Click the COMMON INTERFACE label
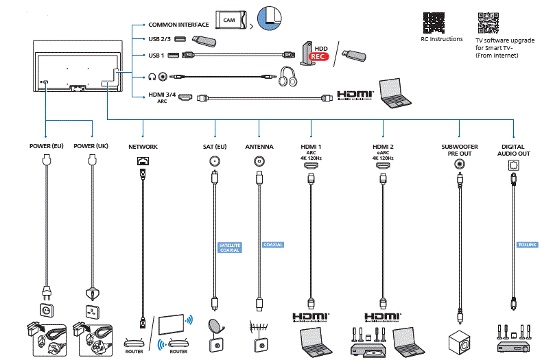178,25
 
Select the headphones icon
288,76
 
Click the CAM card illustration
231,20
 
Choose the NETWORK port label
143,147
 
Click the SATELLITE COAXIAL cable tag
229,248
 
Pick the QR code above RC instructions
435,22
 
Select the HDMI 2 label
383,147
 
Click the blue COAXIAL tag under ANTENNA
272,245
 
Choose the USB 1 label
156,55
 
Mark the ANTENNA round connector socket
259,162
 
